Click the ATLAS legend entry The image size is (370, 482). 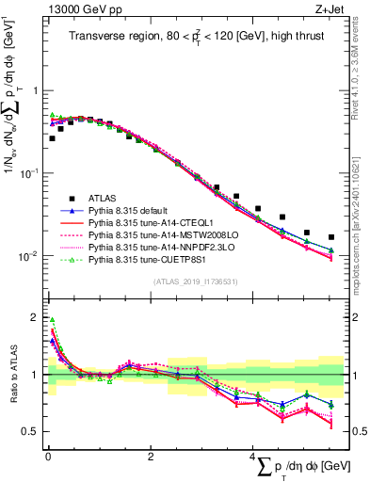pyautogui.click(x=105, y=198)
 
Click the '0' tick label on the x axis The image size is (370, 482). pyautogui.click(x=47, y=458)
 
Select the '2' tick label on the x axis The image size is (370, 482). pyautogui.click(x=150, y=458)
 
